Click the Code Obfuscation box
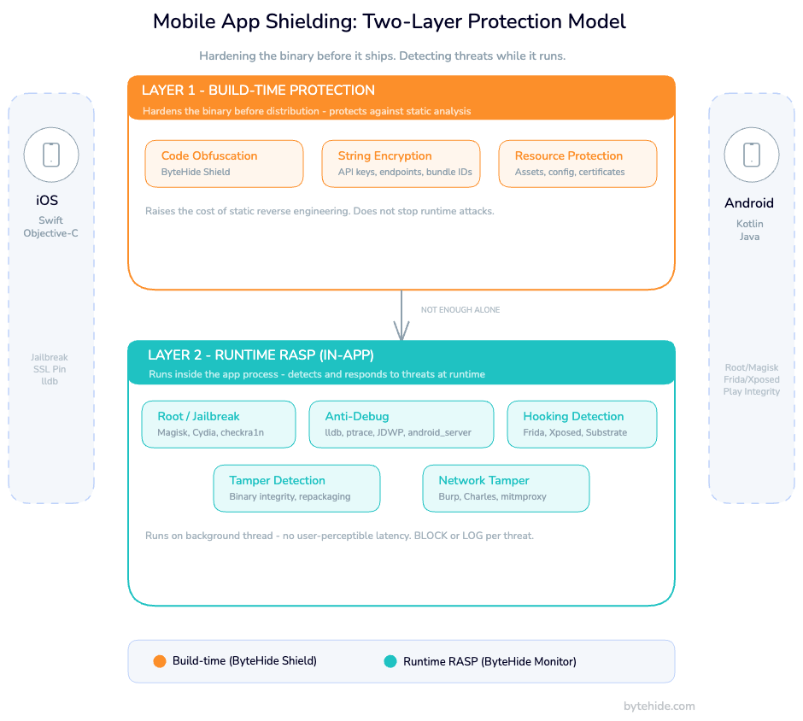pos(224,163)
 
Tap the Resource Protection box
pos(577,163)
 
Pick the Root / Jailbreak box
pos(219,424)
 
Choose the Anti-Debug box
pos(401,424)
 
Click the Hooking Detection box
pos(582,424)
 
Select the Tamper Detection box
pos(296,488)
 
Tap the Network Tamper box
pos(506,488)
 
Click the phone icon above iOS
pos(51,155)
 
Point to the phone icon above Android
pos(751,155)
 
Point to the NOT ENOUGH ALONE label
pos(460,310)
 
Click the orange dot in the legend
pos(159,661)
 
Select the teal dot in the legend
pos(390,661)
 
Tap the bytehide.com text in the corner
pos(659,706)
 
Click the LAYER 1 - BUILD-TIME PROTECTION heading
pos(258,91)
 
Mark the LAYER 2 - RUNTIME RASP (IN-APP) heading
pos(261,355)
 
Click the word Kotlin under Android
pos(750,224)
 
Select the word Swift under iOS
pos(51,220)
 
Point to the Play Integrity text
pos(751,391)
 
